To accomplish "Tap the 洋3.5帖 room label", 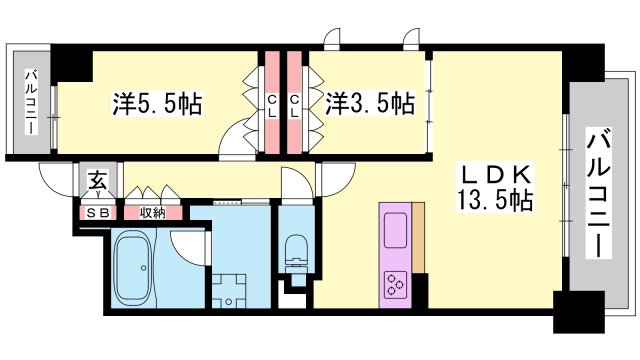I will pyautogui.click(x=370, y=102).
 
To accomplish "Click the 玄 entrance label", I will pyautogui.click(x=98, y=181).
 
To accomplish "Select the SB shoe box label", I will pyautogui.click(x=97, y=212).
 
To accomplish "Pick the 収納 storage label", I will pyautogui.click(x=152, y=212).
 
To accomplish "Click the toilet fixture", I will pyautogui.click(x=297, y=250).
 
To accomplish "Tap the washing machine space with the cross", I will pyautogui.click(x=232, y=291).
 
